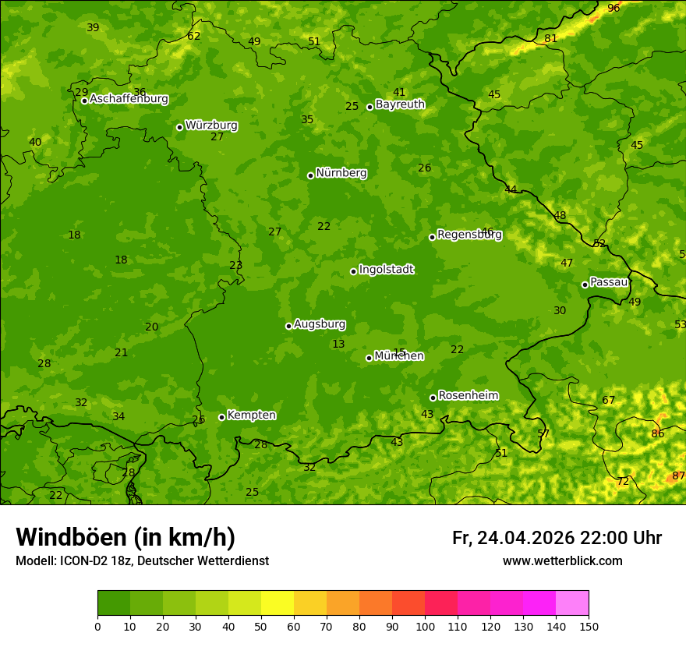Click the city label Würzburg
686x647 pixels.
211,126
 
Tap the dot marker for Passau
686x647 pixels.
585,285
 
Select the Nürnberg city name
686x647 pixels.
341,173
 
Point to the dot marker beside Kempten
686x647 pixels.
221,417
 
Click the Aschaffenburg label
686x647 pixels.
129,99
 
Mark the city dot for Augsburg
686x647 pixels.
288,326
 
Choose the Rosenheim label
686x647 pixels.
468,396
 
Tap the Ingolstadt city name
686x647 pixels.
386,270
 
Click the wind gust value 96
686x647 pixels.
614,8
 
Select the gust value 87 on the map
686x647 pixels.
678,476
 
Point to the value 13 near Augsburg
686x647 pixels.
338,344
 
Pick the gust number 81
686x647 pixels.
551,38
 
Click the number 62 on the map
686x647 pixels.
193,36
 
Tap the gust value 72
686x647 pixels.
622,482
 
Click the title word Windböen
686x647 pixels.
70,537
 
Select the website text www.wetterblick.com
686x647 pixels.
562,561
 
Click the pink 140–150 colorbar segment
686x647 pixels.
572,603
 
